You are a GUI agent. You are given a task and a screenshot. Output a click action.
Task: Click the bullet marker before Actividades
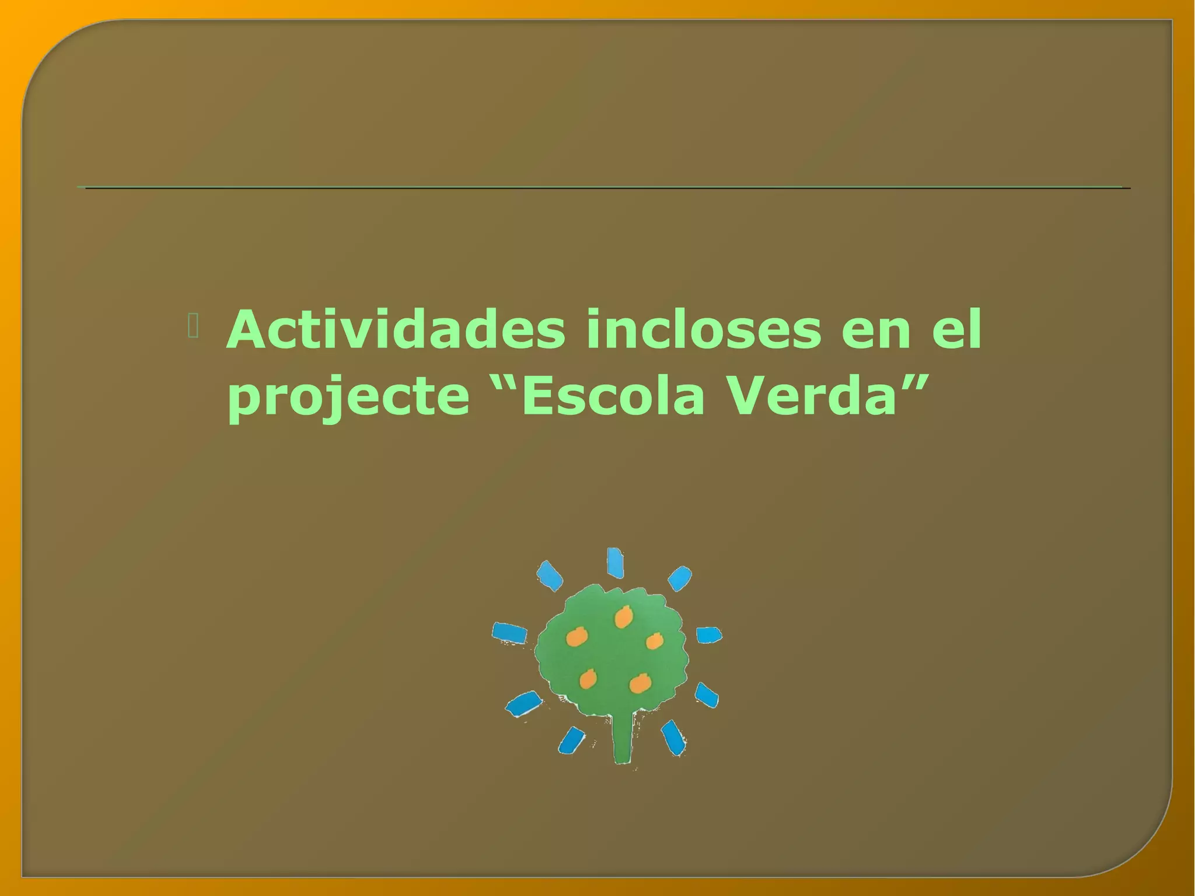[x=193, y=326]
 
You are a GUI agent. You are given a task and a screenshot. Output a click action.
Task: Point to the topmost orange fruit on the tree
[x=623, y=616]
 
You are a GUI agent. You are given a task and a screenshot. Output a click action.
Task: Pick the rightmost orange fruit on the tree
[x=655, y=641]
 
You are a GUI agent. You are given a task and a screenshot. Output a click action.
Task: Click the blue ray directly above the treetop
[x=615, y=562]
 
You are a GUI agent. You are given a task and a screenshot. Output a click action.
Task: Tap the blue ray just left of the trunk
[x=571, y=740]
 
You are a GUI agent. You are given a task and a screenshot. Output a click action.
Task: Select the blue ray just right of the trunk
[x=673, y=738]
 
